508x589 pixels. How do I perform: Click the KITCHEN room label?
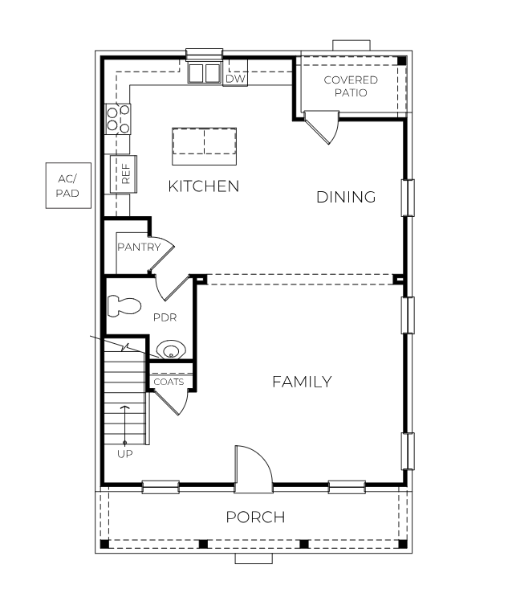(203, 186)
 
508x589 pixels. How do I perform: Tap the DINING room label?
(346, 197)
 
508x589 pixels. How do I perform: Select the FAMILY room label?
(301, 382)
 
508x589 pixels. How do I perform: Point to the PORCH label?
(255, 517)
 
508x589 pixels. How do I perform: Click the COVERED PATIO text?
(350, 86)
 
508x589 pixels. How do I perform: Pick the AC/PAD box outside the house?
(67, 186)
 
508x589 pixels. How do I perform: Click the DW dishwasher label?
(234, 79)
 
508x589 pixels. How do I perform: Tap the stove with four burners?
(118, 120)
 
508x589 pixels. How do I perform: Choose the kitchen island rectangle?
(205, 142)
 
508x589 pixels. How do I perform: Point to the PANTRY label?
(139, 247)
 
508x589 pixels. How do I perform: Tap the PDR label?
(165, 317)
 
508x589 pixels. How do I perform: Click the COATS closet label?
(169, 382)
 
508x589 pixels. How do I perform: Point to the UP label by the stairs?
(125, 453)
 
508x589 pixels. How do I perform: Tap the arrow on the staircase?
(125, 422)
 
